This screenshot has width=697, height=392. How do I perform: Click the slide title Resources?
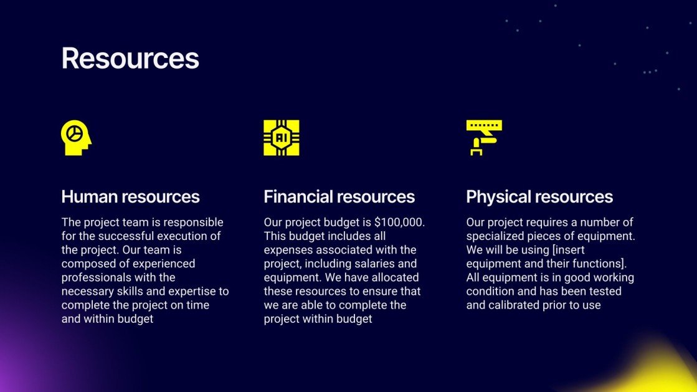130,59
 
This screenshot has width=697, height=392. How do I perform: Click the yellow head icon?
76,138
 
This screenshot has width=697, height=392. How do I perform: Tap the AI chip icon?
282,138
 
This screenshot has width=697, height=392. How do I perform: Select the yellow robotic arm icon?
484,138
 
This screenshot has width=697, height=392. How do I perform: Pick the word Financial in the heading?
298,197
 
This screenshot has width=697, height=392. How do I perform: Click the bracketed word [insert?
568,250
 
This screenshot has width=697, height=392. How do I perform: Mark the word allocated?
395,277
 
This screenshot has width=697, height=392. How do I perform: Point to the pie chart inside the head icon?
73,133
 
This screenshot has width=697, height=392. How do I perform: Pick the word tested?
605,292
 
